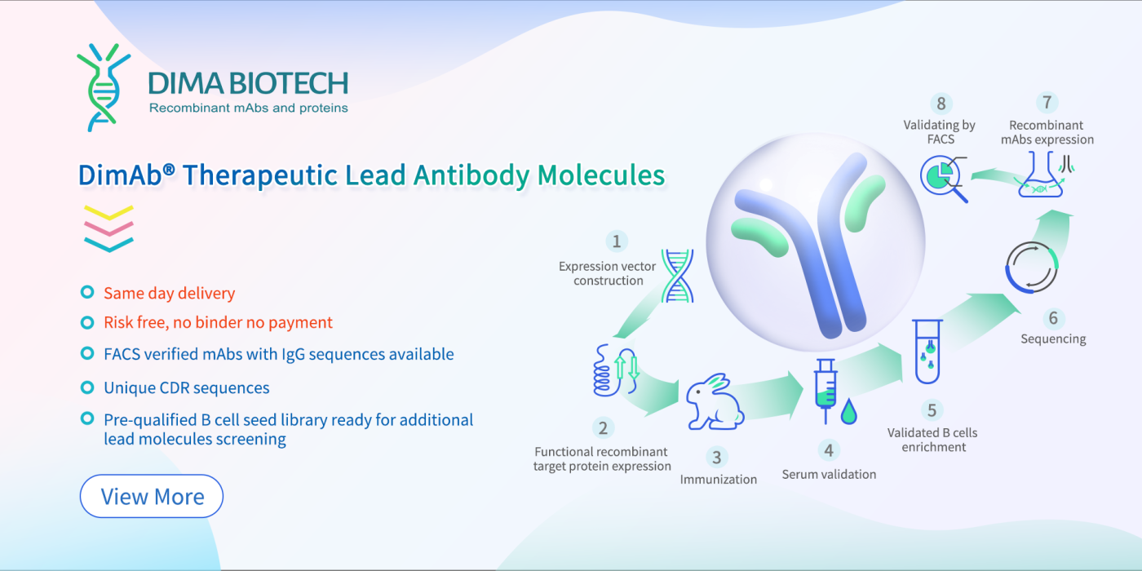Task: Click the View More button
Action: click(152, 496)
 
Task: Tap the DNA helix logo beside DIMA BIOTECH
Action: click(103, 87)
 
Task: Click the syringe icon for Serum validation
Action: click(826, 390)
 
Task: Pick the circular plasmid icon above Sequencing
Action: click(1031, 267)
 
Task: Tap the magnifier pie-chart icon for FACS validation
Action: click(943, 179)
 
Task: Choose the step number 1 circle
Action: click(617, 241)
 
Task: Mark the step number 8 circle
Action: click(941, 104)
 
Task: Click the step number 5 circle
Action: click(932, 409)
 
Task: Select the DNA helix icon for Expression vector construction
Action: click(676, 275)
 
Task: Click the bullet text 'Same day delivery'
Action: click(169, 293)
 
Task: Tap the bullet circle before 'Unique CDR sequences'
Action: click(86, 387)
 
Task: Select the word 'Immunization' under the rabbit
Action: click(718, 479)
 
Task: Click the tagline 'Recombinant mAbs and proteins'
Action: click(248, 108)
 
